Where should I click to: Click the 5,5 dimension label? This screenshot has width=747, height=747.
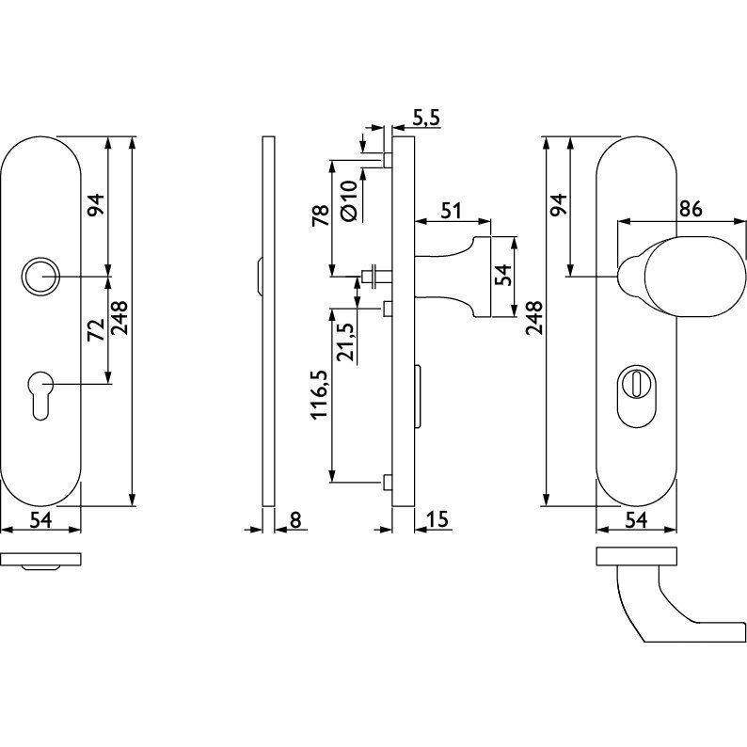pyautogui.click(x=426, y=119)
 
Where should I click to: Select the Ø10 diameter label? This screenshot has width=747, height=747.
pyautogui.click(x=349, y=200)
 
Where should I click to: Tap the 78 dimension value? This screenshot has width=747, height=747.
pyautogui.click(x=320, y=215)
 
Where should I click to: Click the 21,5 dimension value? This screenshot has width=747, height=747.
pyautogui.click(x=346, y=342)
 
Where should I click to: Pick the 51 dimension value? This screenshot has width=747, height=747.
pyautogui.click(x=451, y=210)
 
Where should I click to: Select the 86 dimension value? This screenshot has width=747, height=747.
pyautogui.click(x=691, y=209)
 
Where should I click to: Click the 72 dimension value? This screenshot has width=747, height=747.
pyautogui.click(x=96, y=330)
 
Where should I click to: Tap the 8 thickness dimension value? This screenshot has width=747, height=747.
pyautogui.click(x=295, y=519)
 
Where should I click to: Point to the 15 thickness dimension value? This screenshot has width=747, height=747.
pyautogui.click(x=437, y=519)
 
